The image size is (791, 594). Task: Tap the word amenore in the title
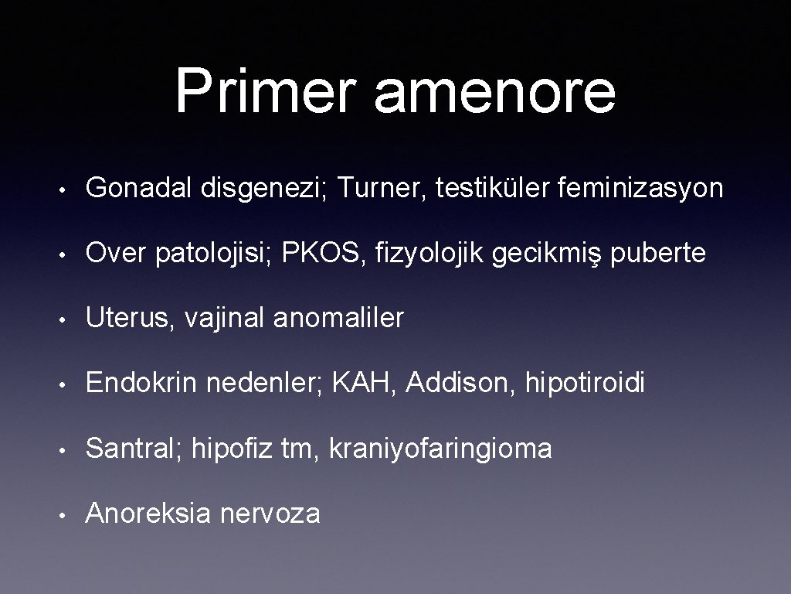point(495,91)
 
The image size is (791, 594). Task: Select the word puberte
point(658,253)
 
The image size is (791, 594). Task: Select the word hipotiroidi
point(585,383)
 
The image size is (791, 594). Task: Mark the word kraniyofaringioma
point(440,448)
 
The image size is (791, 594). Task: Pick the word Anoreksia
point(148,513)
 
